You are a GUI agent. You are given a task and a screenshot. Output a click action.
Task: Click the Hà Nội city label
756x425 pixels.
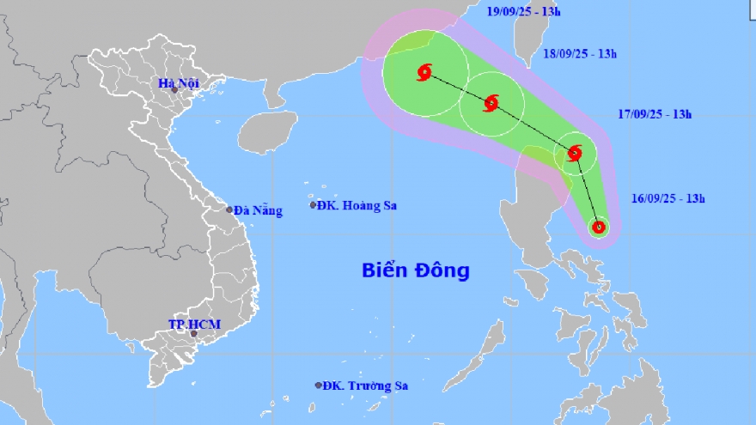(x=180, y=83)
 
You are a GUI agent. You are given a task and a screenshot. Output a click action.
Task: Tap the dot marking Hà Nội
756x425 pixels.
(x=174, y=90)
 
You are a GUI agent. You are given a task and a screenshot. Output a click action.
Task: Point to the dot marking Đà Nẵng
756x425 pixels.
(x=229, y=209)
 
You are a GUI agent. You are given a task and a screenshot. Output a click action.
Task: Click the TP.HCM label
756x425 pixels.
(x=194, y=324)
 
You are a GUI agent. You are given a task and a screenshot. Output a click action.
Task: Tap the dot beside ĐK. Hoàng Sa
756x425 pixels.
(x=313, y=204)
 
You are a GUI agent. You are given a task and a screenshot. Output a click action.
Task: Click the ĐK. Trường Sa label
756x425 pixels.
(x=365, y=386)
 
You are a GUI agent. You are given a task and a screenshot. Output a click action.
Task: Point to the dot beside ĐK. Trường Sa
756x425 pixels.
(x=319, y=386)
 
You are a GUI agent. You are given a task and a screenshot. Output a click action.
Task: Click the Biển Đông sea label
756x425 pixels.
(x=415, y=270)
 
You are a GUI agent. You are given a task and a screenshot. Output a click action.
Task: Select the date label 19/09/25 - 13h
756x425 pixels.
(x=524, y=12)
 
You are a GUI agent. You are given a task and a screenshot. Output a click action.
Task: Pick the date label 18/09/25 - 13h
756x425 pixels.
(x=581, y=53)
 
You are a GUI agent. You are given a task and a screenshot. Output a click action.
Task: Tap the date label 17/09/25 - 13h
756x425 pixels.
(x=655, y=113)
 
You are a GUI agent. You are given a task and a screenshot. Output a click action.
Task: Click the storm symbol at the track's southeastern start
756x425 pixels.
(x=599, y=228)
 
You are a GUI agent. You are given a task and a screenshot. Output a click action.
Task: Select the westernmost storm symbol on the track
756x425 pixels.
(x=424, y=73)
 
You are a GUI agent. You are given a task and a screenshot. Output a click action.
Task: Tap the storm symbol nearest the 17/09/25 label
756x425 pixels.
(x=575, y=154)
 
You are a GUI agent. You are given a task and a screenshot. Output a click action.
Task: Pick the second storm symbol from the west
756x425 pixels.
(x=491, y=104)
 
